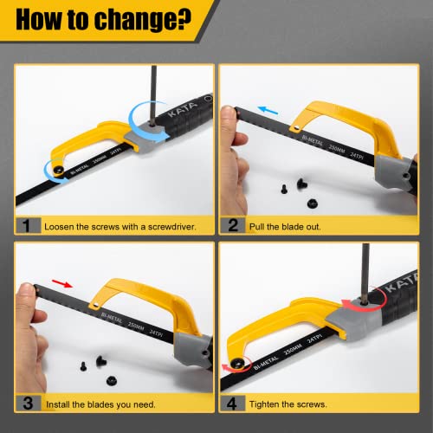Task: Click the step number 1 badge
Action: coord(28,225)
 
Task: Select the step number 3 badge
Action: coord(28,403)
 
